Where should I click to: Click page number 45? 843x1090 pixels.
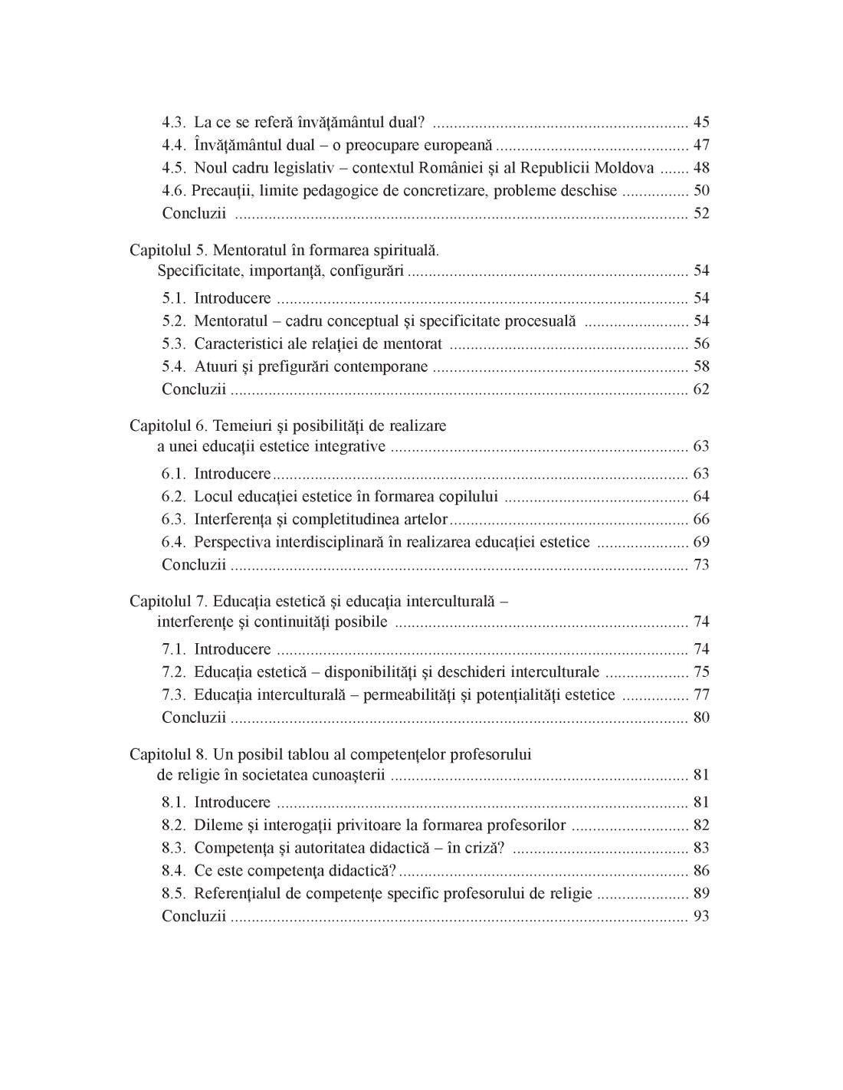click(700, 122)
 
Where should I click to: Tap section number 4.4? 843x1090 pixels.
click(174, 145)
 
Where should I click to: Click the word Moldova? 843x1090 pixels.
click(626, 168)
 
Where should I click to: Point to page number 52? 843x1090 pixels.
click(700, 213)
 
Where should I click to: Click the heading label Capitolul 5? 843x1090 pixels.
click(168, 250)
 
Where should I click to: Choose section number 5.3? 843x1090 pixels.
click(174, 343)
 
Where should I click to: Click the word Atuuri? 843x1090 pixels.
click(215, 366)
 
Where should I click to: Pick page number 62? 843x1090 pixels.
click(700, 389)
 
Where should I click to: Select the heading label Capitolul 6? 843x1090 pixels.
click(168, 425)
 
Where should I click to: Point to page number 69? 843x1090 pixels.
click(700, 542)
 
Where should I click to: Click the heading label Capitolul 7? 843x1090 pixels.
click(168, 601)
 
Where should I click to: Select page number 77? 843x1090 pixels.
click(700, 694)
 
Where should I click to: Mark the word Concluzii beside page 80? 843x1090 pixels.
click(194, 717)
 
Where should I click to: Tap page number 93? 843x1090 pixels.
click(700, 916)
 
